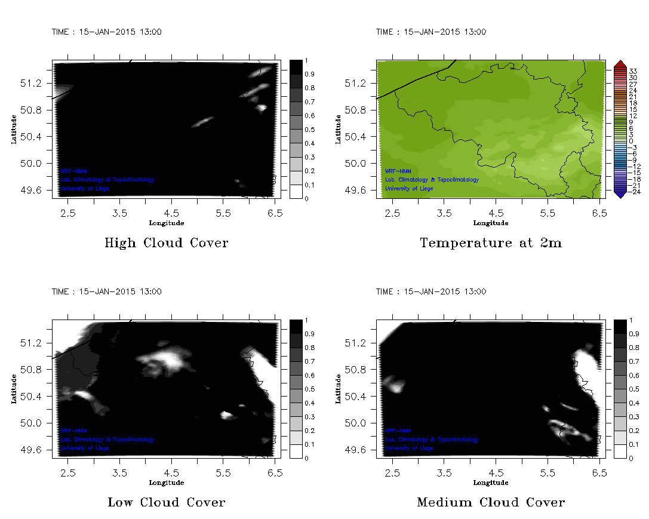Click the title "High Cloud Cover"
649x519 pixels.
pos(166,243)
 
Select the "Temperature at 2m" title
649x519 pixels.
pos(491,243)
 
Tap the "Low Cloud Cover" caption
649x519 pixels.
pos(167,502)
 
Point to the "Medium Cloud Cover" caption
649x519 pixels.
pos(491,502)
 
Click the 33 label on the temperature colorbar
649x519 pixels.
pos(633,71)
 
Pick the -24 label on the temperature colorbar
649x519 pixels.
pos(633,192)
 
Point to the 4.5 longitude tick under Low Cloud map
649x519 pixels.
pos(172,472)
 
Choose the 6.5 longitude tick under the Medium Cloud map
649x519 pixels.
pos(600,472)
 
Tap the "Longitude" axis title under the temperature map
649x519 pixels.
pos(491,223)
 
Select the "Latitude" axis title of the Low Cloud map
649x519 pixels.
pos(14,389)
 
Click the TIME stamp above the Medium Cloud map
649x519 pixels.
pos(431,291)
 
